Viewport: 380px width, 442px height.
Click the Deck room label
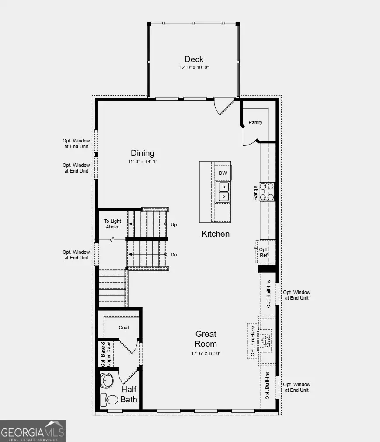pyautogui.click(x=194, y=59)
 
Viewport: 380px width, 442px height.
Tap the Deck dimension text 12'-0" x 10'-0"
pyautogui.click(x=194, y=68)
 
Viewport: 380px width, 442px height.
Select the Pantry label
pyautogui.click(x=255, y=122)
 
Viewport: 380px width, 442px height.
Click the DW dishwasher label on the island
pyautogui.click(x=223, y=173)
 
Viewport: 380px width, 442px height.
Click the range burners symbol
pyautogui.click(x=267, y=191)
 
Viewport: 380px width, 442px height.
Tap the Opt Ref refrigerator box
pyautogui.click(x=265, y=252)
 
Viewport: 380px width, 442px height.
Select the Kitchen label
pyautogui.click(x=216, y=234)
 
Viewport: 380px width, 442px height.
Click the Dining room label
pyautogui.click(x=143, y=153)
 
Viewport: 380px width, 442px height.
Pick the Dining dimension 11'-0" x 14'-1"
pyautogui.click(x=143, y=162)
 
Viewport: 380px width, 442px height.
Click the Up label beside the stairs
pyautogui.click(x=174, y=224)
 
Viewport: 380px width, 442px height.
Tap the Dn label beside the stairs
pyautogui.click(x=174, y=254)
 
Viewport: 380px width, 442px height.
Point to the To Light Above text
pyautogui.click(x=112, y=224)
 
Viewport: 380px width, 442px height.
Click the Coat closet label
pyautogui.click(x=124, y=328)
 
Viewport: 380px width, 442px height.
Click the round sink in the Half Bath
pyautogui.click(x=106, y=380)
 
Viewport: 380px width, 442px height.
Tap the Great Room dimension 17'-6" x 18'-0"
pyautogui.click(x=206, y=353)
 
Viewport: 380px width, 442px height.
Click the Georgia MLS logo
pyautogui.click(x=33, y=431)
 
